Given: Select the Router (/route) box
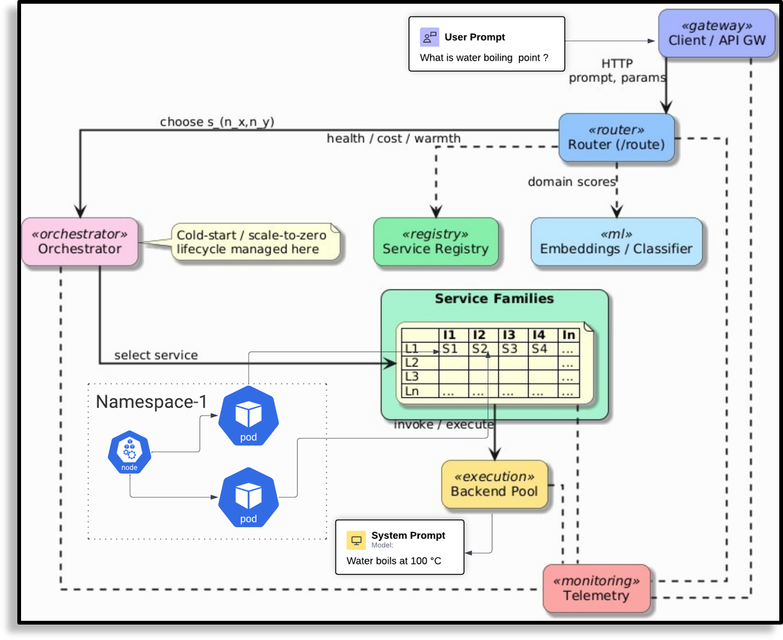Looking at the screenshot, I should [616, 138].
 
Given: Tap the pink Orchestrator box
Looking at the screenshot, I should [80, 241].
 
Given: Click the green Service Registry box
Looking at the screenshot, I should [436, 241].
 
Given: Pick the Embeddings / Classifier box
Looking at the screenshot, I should [616, 241].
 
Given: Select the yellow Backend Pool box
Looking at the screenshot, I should [494, 484].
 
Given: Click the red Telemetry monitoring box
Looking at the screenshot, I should [596, 588].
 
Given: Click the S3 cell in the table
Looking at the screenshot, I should [509, 349].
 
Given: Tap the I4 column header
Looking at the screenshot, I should [539, 335].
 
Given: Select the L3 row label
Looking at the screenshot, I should [412, 377].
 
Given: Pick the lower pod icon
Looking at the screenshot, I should [249, 498].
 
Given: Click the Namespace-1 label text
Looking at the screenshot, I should [151, 402].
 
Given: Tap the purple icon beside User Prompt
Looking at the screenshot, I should [430, 37].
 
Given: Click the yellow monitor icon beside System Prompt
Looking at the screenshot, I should [356, 540].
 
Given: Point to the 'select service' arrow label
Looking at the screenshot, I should [156, 355].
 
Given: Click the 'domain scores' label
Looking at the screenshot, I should [571, 182].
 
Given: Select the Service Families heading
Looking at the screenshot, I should [494, 298].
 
